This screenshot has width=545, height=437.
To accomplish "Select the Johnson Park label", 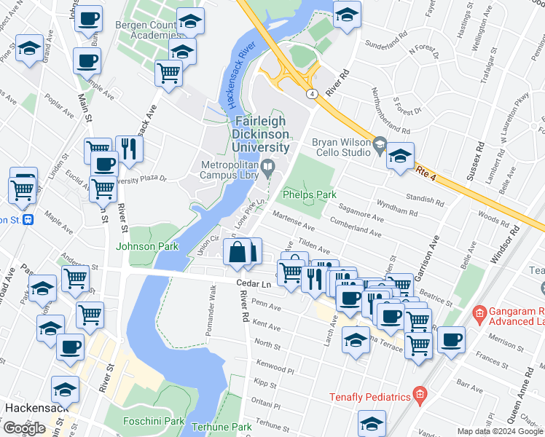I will coord(147,246).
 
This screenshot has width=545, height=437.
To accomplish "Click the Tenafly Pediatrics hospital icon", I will coord(420,396).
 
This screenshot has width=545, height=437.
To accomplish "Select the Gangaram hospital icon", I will coord(479,315).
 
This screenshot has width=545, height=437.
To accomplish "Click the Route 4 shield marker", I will coord(311,94).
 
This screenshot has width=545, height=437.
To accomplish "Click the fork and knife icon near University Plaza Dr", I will coord(129,149).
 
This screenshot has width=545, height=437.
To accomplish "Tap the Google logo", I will coord(25,428).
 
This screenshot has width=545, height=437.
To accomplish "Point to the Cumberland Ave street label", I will coord(356,228).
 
